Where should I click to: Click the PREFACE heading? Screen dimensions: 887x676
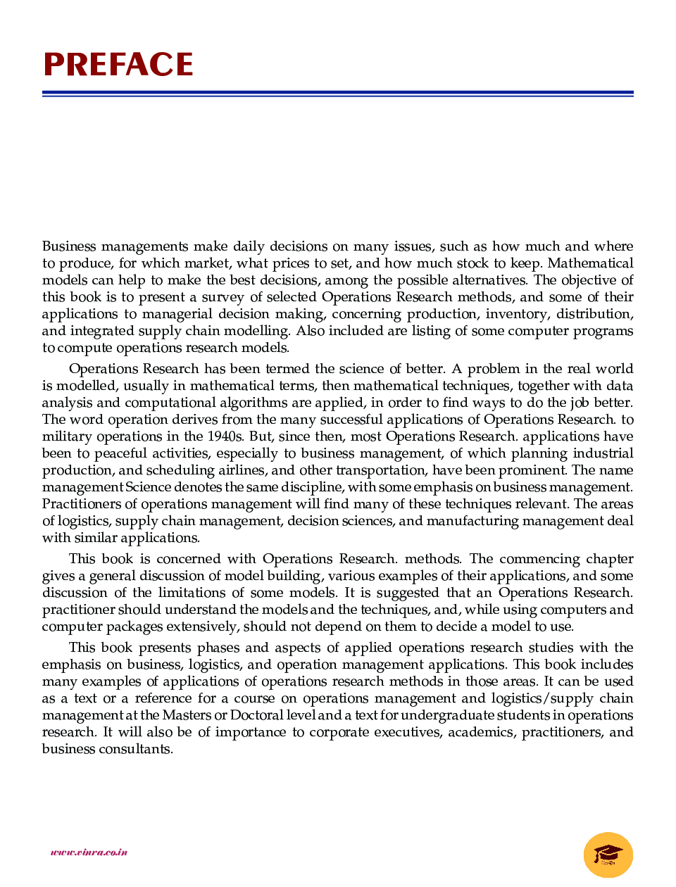[118, 65]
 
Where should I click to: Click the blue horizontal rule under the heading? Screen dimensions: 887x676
[338, 93]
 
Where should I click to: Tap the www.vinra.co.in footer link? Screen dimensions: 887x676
[89, 852]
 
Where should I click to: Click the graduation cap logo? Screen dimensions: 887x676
[608, 855]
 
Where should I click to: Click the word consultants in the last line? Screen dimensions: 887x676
[137, 749]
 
